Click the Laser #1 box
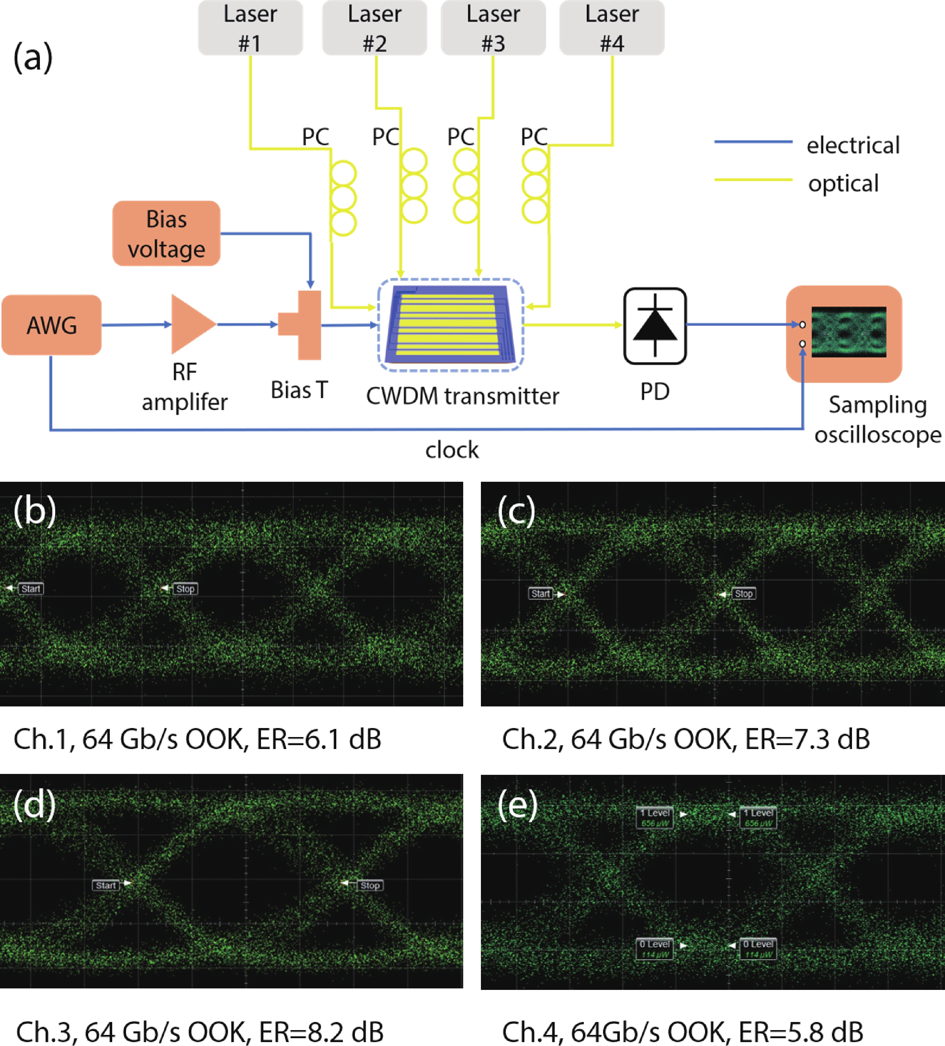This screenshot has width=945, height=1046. [x=250, y=28]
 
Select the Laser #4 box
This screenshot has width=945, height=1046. [x=611, y=28]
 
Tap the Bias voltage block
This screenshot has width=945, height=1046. [x=166, y=233]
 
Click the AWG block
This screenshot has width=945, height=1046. [x=51, y=325]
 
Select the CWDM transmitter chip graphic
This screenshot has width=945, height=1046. [x=450, y=325]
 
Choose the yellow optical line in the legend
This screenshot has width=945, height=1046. [x=753, y=179]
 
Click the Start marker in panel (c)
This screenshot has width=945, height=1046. [x=540, y=594]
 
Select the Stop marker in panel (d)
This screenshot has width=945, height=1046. [x=370, y=885]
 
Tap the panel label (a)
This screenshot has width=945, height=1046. [x=33, y=57]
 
